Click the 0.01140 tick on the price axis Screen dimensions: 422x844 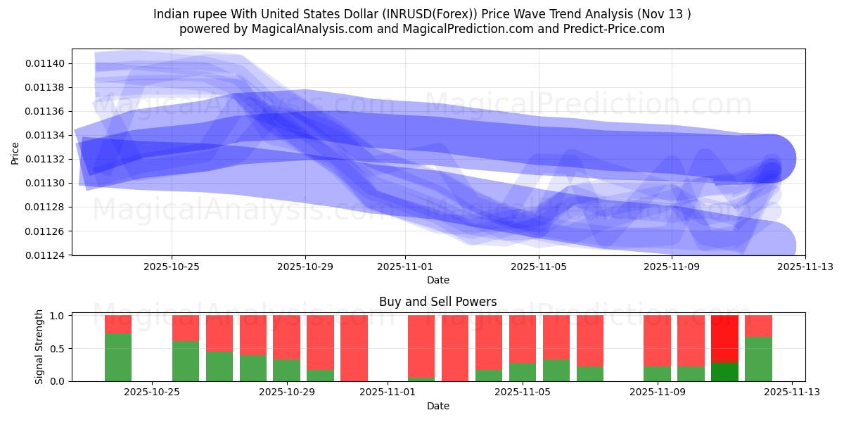(46, 63)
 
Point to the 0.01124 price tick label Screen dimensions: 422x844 (46, 255)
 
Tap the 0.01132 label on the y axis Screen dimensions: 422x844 (46, 159)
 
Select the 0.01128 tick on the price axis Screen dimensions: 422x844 (46, 207)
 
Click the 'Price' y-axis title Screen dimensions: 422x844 (15, 152)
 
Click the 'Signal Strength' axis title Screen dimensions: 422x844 (39, 347)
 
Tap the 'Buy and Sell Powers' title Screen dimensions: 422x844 (437, 302)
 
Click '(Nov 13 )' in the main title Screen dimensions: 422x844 (665, 13)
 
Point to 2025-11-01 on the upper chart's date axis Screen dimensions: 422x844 (405, 267)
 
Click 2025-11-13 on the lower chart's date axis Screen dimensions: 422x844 (792, 392)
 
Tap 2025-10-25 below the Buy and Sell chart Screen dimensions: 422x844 (152, 392)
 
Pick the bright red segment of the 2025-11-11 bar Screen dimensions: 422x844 (724, 338)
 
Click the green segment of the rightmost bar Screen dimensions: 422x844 (758, 359)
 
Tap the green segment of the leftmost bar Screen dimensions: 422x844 (118, 357)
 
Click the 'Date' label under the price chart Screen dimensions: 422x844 (437, 280)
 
